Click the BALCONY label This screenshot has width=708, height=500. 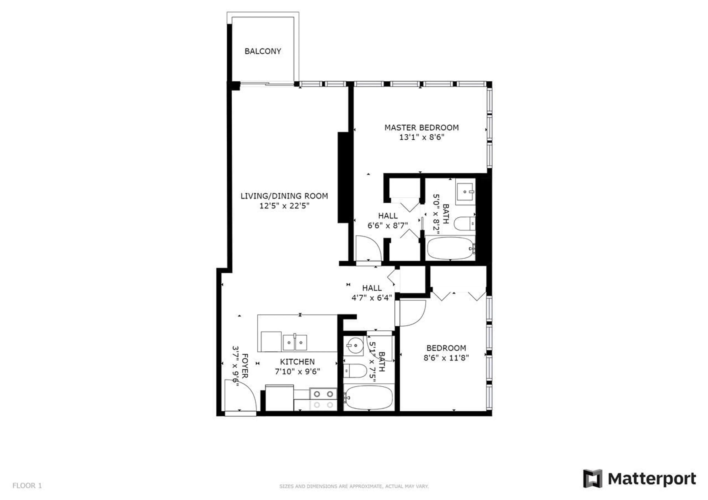[x=263, y=51]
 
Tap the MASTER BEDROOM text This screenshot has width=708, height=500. [x=421, y=128]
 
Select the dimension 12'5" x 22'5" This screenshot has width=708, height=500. [x=284, y=206]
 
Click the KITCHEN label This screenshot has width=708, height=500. [x=297, y=362]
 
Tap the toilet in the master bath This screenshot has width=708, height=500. [x=464, y=224]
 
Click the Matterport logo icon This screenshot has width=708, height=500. [x=592, y=478]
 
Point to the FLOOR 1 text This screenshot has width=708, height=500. [x=27, y=485]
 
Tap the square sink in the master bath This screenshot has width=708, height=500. [x=465, y=192]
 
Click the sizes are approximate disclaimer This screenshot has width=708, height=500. [x=354, y=486]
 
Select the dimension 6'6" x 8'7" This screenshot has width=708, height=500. [x=388, y=226]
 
